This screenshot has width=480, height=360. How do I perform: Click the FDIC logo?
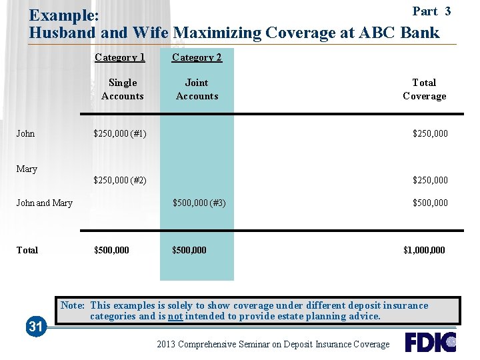coord(430,342)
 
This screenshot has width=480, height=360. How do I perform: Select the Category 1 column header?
coord(120,57)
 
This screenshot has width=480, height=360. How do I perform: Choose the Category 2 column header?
coord(197,57)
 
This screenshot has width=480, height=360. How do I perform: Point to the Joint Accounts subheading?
coord(197,89)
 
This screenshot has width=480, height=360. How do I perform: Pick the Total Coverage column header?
coord(424,89)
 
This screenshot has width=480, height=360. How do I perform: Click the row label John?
coord(25,133)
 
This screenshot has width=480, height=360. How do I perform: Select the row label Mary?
coord(27,169)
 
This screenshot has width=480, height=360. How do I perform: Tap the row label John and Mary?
coord(44,203)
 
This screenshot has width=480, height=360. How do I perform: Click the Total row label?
coord(27,250)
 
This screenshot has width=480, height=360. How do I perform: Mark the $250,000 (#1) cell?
coord(120,133)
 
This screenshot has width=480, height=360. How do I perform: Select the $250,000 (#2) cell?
coord(120,180)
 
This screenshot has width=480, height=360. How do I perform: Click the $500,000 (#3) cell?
coord(199,203)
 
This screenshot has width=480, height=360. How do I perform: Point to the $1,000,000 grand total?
coord(424,250)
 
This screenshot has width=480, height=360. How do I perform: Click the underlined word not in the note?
coord(175,316)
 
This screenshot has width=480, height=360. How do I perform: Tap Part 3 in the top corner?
coord(431,11)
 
